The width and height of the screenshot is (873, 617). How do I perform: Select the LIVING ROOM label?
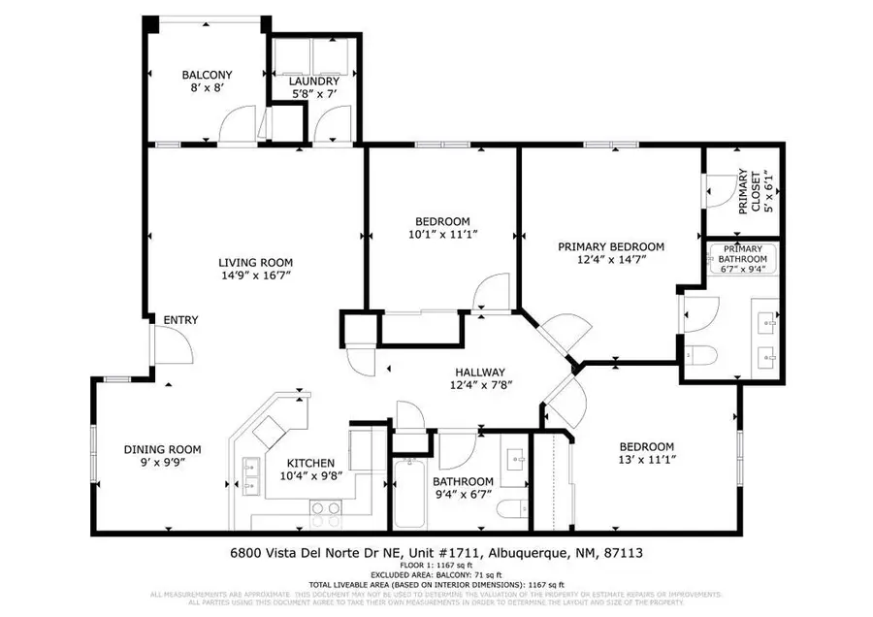coord(255,262)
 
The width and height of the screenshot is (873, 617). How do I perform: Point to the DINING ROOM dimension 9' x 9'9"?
coord(162,463)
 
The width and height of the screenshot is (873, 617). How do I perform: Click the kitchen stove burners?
coord(325,506)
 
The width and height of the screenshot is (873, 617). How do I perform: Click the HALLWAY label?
coord(480,372)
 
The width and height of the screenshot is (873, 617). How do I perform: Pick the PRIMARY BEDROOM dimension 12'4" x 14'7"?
coord(610,260)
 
